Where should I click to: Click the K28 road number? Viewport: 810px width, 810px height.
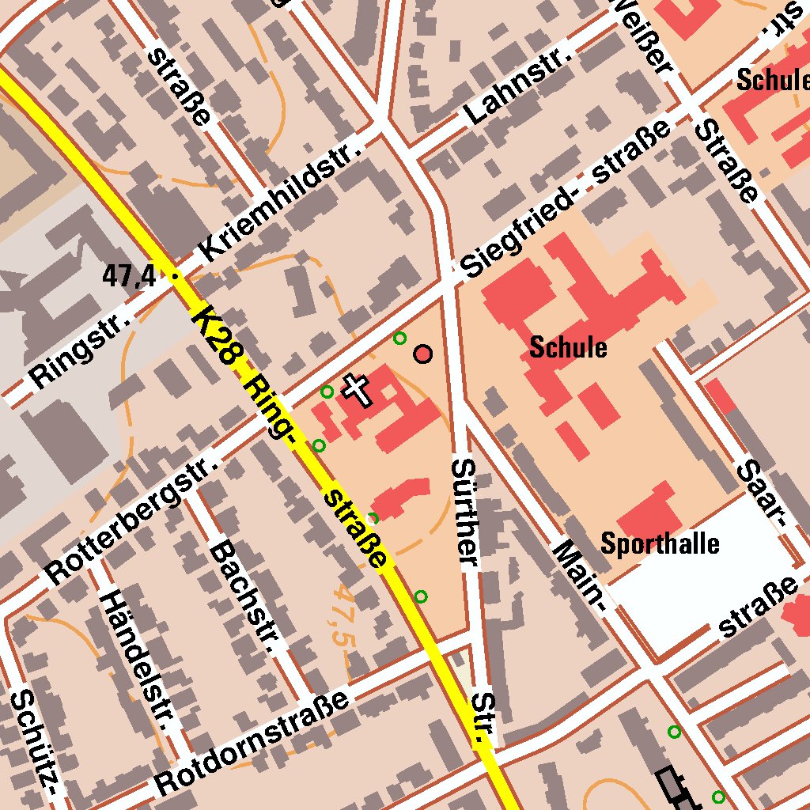coord(214,335)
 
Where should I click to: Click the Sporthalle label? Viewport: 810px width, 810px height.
coord(660,543)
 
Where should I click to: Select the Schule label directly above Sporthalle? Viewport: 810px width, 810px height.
coord(568,347)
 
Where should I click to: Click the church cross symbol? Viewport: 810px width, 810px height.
coord(357,390)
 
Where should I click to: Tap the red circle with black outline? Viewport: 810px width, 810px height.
coord(424,354)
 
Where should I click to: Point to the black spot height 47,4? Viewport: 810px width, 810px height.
coord(129,276)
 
